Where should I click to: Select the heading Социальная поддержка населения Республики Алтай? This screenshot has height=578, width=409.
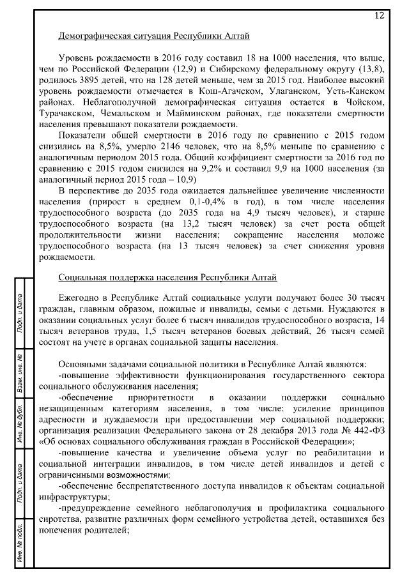[167, 278]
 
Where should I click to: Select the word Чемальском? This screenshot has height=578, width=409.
[134, 114]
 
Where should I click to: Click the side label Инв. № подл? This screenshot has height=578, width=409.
[20, 540]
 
